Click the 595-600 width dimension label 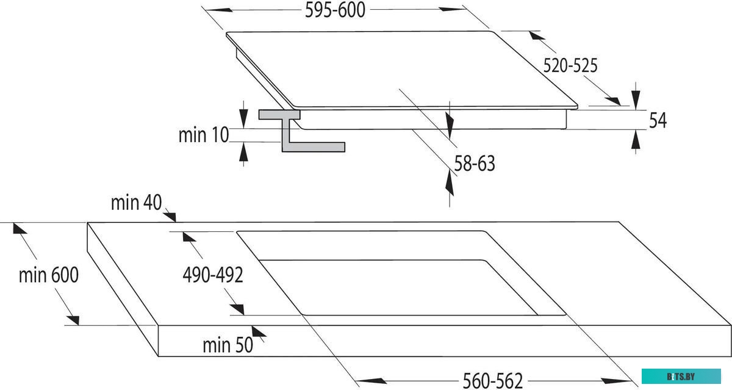point(335,10)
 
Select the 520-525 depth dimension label point(570,66)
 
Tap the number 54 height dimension point(658,120)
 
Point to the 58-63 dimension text point(475,164)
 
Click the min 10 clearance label point(203,135)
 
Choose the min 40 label point(136,203)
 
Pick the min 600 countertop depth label point(49,275)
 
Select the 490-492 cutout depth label point(213,275)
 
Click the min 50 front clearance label point(228,345)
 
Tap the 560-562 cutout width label point(493,381)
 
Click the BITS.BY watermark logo point(681,377)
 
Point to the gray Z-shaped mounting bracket point(301,131)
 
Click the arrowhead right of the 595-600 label point(452,9)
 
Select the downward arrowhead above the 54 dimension point(636,99)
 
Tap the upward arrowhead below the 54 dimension point(636,140)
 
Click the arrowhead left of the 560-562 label point(371,381)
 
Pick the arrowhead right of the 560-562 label point(617,381)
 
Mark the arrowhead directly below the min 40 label point(170,217)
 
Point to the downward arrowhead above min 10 point(243,118)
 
